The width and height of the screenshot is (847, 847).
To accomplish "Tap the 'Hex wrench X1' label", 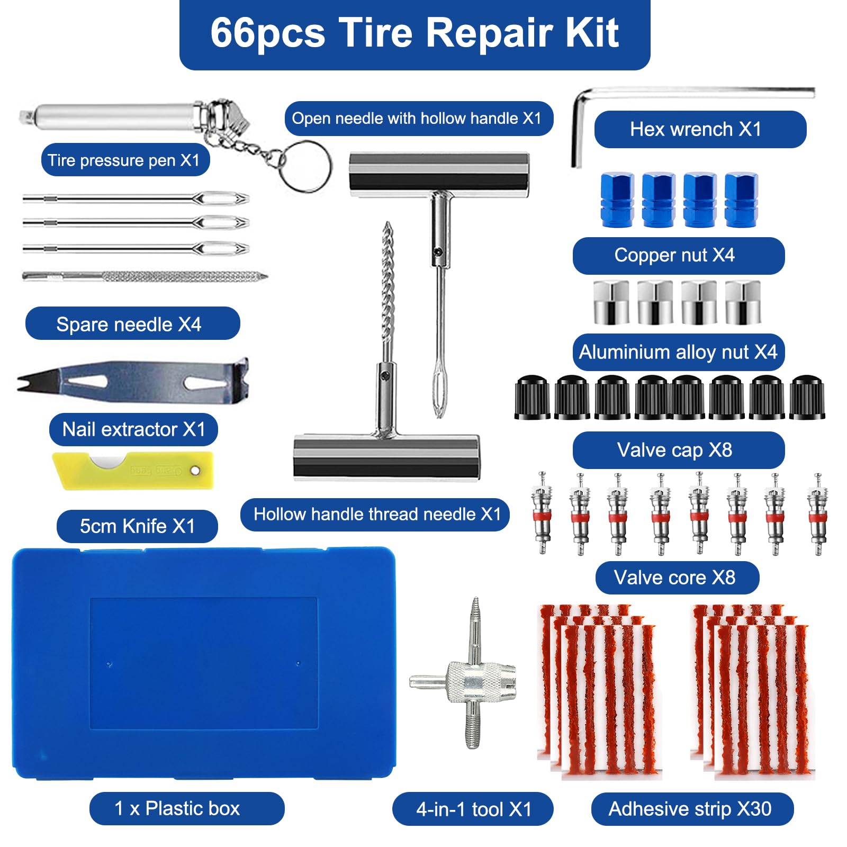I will click(700, 129).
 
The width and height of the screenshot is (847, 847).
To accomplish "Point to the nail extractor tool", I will click(132, 380).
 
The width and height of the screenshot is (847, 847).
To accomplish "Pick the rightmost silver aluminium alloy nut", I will click(743, 302).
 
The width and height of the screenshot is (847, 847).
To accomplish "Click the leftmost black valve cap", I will click(532, 398).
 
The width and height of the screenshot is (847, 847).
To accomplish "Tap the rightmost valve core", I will click(817, 513).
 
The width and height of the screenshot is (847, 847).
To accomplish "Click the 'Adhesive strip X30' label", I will click(691, 809).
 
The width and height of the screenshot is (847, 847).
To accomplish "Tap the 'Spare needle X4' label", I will click(132, 323).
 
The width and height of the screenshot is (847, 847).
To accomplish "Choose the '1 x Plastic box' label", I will click(186, 808).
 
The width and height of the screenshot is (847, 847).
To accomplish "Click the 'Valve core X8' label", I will click(677, 578).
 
